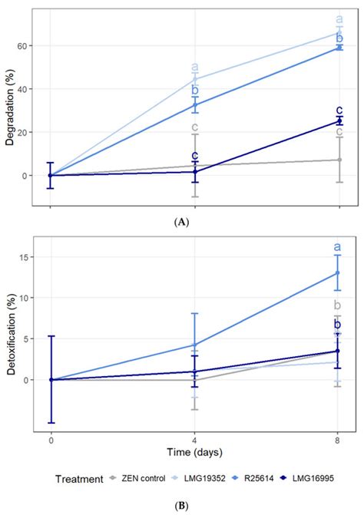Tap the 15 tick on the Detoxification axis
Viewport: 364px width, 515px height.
(x=27, y=257)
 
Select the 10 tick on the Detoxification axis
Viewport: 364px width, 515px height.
(x=27, y=298)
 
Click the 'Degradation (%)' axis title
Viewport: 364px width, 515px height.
(x=10, y=108)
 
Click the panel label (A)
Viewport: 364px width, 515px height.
(x=181, y=221)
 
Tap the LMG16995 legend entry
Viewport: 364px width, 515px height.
(x=323, y=479)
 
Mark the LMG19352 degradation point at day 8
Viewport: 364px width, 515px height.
(x=339, y=32)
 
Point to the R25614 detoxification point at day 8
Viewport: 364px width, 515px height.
(x=339, y=273)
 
